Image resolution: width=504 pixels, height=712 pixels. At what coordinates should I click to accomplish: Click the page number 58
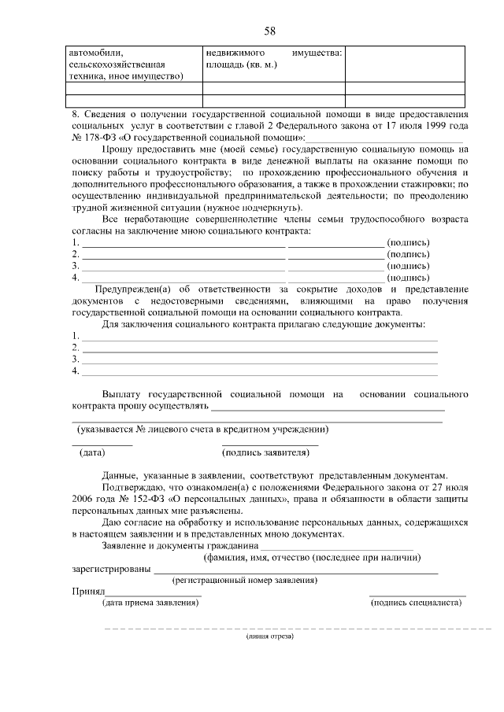coord(269,31)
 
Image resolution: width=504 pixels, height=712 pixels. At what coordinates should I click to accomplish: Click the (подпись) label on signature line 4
coord(409,277)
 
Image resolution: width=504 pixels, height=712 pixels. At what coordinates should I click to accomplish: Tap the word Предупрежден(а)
coord(131,289)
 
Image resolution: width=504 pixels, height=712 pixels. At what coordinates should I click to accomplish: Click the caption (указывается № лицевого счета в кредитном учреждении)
coord(202,429)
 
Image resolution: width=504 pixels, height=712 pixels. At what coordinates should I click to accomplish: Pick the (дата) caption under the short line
coord(92,452)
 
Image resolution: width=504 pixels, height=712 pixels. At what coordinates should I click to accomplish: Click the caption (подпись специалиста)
coord(416,603)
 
